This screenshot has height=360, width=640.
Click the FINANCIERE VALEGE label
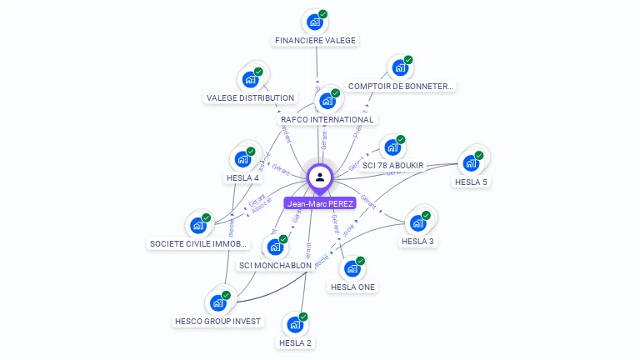click(315, 40)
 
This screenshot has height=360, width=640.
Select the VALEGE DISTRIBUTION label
click(250, 97)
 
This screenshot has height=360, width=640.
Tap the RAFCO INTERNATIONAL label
click(327, 119)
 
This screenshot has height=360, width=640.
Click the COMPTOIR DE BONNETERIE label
click(401, 86)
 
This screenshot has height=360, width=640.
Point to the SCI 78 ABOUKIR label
click(392, 166)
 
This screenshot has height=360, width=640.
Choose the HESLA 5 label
click(471, 182)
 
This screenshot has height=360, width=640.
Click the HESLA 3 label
click(417, 241)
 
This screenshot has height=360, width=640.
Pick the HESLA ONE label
click(352, 287)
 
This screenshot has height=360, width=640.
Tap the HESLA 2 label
click(295, 342)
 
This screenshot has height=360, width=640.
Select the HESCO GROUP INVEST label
click(217, 321)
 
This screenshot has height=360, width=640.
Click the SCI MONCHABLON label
click(275, 265)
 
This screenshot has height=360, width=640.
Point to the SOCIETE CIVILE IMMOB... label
click(198, 243)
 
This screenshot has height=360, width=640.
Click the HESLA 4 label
click(242, 177)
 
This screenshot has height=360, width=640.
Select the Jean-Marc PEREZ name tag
click(320, 202)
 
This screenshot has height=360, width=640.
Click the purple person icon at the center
click(320, 177)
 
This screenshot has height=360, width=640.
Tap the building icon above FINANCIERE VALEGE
click(313, 22)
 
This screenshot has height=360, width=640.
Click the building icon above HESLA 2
click(293, 324)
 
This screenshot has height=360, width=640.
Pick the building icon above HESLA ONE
click(352, 268)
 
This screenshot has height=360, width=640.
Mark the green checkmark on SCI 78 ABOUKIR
click(400, 139)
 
